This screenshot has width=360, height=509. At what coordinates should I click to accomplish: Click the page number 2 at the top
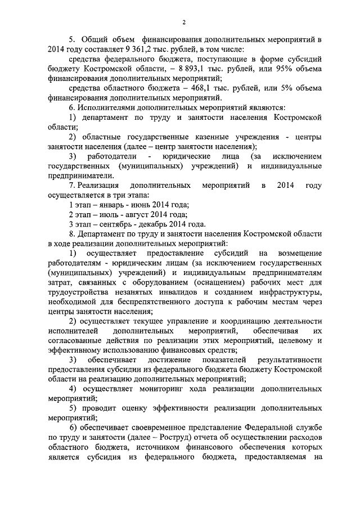(184, 22)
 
